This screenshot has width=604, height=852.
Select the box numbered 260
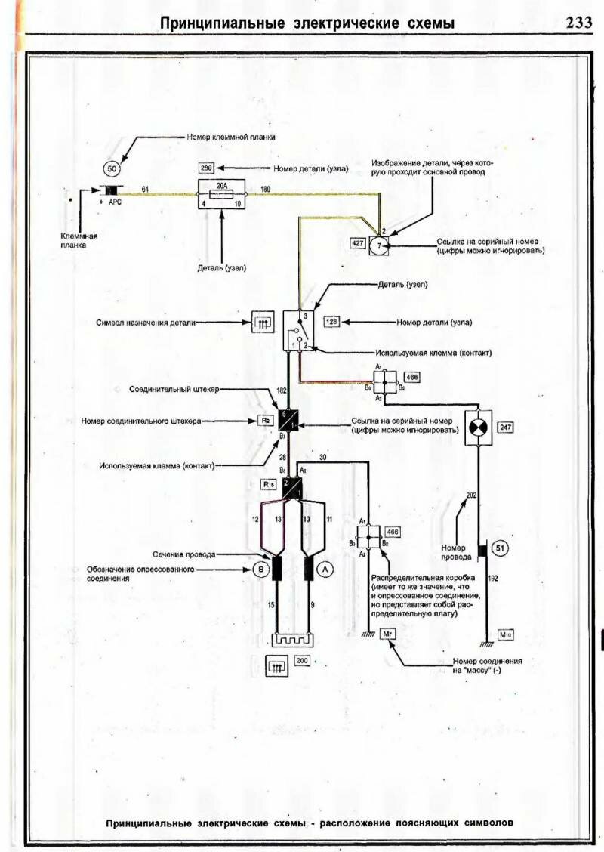click(x=208, y=168)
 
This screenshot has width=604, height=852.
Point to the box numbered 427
click(x=358, y=243)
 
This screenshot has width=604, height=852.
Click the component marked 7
click(x=381, y=244)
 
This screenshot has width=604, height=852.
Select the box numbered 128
click(x=332, y=322)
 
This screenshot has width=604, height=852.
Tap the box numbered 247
click(x=505, y=428)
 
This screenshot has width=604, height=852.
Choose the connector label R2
click(x=265, y=421)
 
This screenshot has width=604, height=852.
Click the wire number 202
click(x=471, y=495)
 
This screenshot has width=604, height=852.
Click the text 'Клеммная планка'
click(x=80, y=240)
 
